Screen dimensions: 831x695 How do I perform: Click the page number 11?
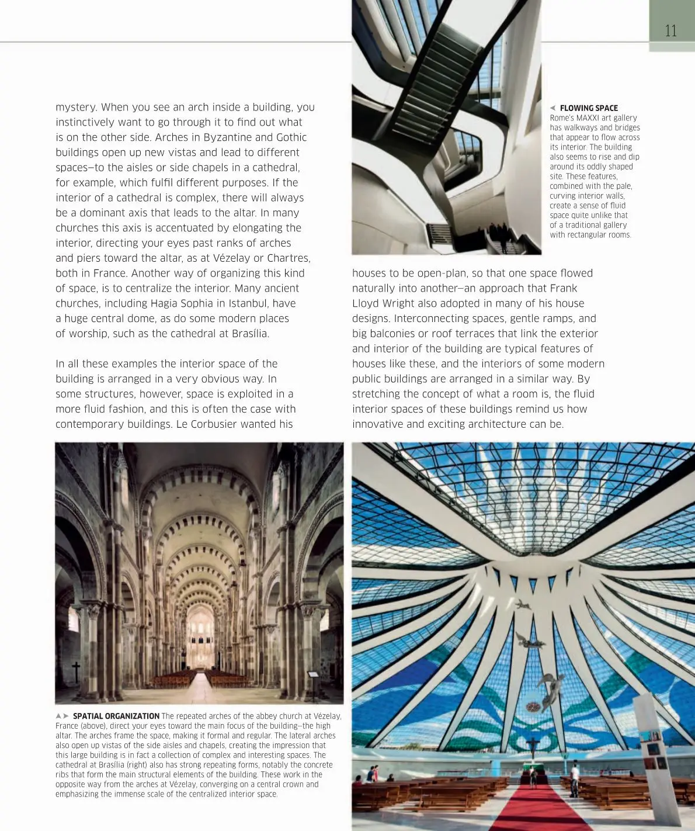tap(670, 30)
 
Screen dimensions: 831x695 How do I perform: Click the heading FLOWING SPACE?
tap(588, 108)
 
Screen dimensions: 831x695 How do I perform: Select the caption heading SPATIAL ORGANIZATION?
tap(116, 716)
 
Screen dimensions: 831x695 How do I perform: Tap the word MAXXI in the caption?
tap(588, 118)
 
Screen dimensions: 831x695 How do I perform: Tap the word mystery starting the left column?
tap(75, 108)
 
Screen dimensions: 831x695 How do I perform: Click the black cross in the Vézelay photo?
tap(76, 672)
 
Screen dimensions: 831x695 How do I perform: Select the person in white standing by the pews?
tap(575, 779)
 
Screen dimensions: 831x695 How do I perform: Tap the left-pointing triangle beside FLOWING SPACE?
tap(552, 108)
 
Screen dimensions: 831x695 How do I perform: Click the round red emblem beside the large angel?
tap(533, 706)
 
